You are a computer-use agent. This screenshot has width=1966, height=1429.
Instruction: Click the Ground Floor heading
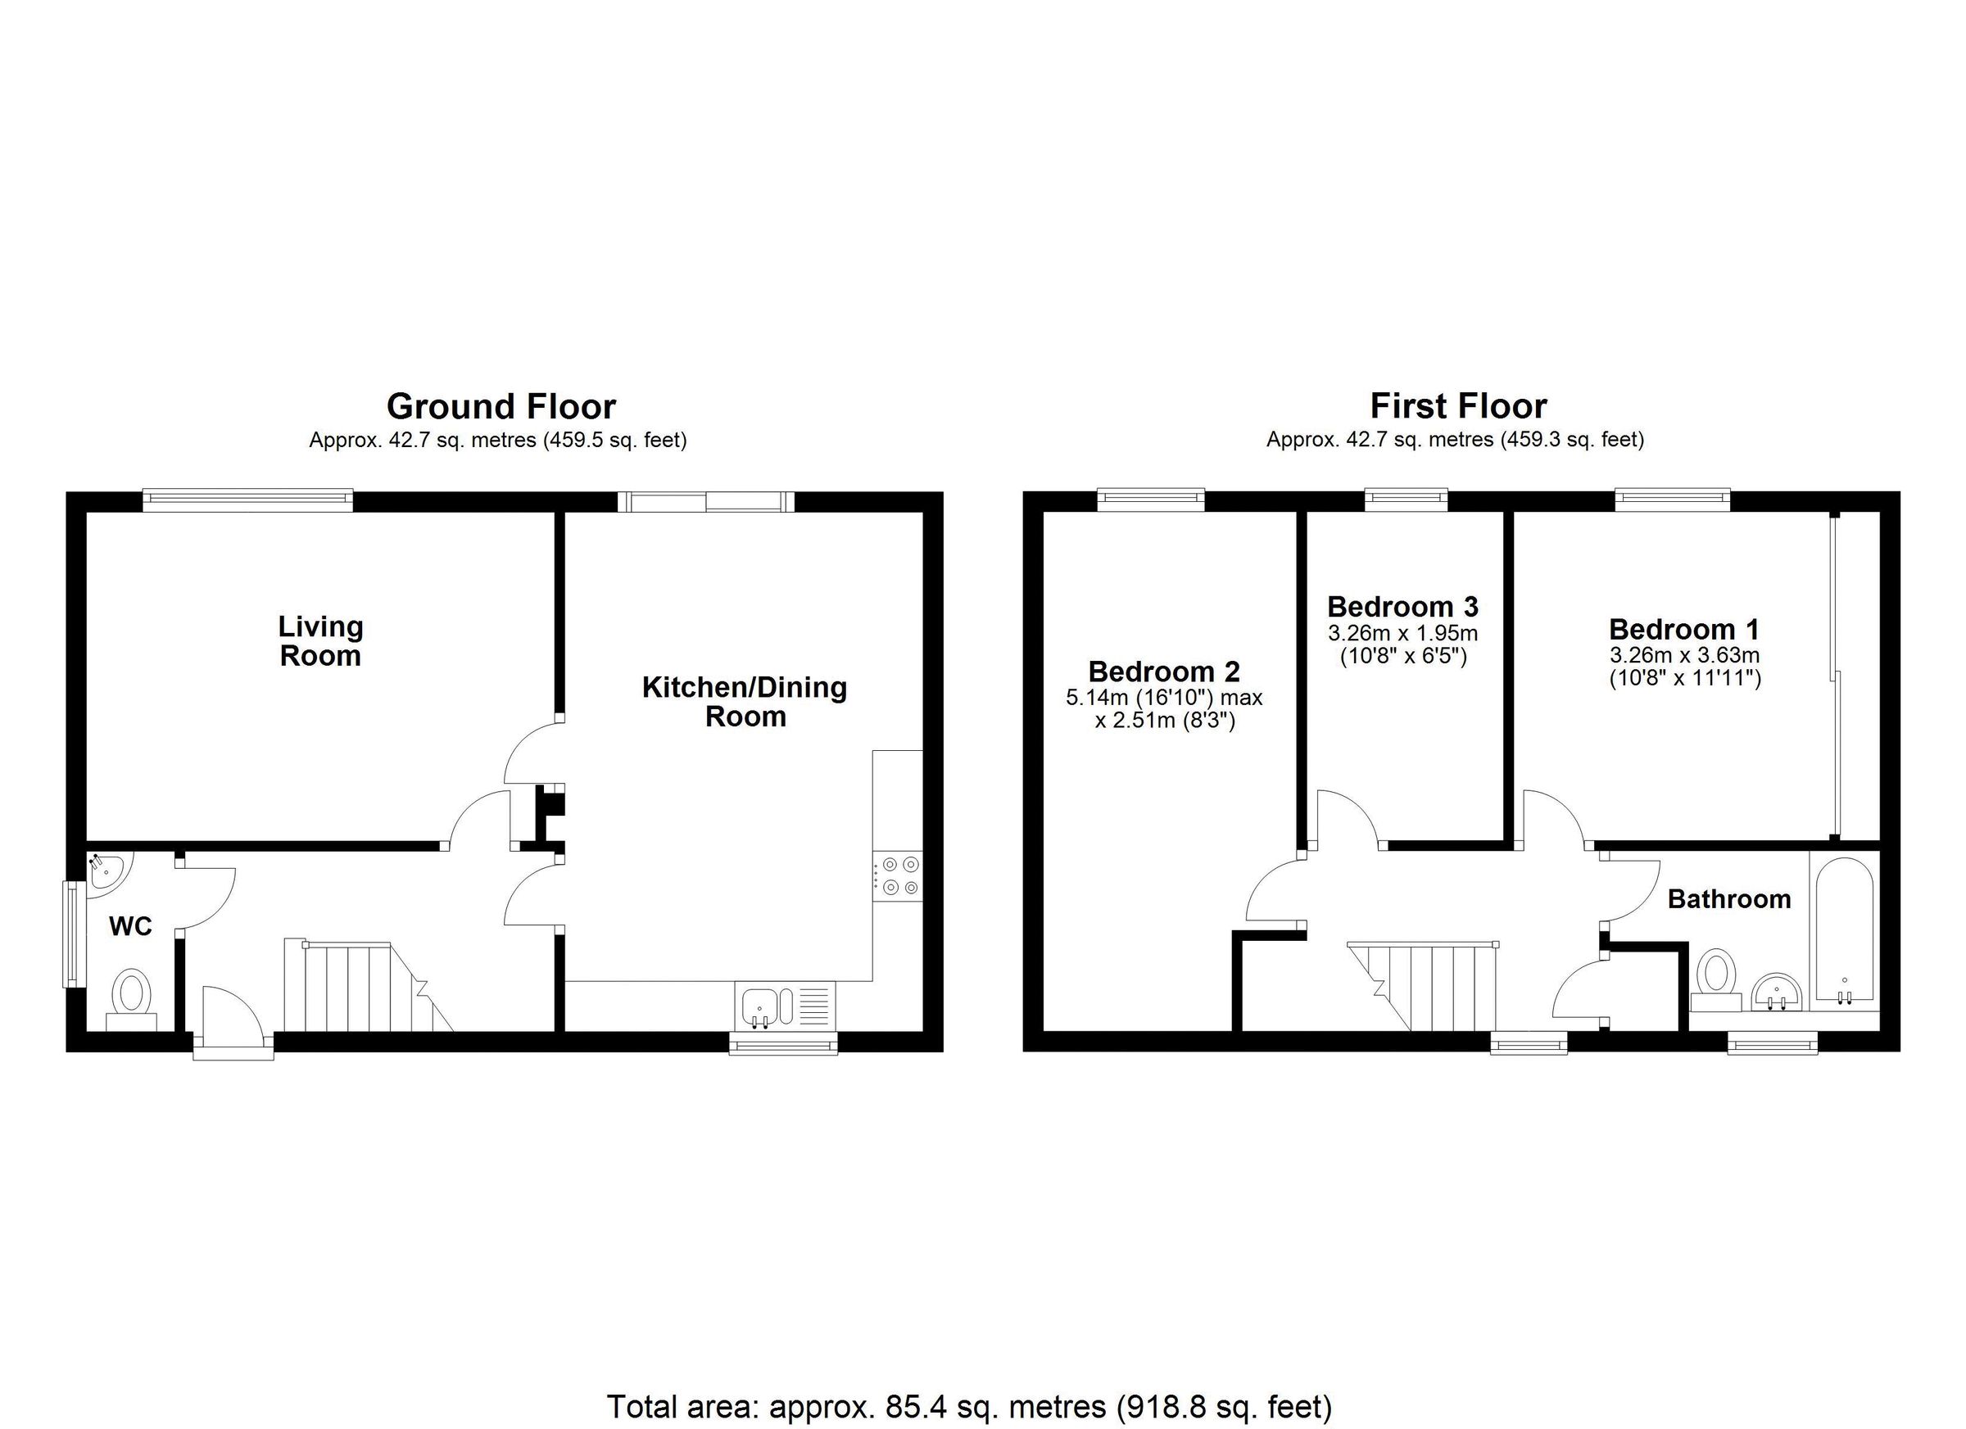pyautogui.click(x=501, y=406)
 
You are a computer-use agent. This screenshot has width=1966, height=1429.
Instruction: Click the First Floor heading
pyautogui.click(x=1458, y=406)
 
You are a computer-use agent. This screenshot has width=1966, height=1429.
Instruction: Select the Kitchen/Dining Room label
pyautogui.click(x=745, y=701)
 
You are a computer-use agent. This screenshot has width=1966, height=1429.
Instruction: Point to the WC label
pyautogui.click(x=131, y=927)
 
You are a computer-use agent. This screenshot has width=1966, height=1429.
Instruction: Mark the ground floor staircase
pyautogui.click(x=364, y=988)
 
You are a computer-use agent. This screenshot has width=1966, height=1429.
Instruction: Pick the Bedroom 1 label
pyautogui.click(x=1684, y=629)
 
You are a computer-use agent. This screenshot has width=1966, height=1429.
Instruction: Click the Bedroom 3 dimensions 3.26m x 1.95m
pyautogui.click(x=1402, y=634)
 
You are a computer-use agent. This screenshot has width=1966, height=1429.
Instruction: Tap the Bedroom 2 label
pyautogui.click(x=1164, y=672)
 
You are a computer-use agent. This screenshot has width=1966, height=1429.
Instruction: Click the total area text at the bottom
pyautogui.click(x=969, y=1405)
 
